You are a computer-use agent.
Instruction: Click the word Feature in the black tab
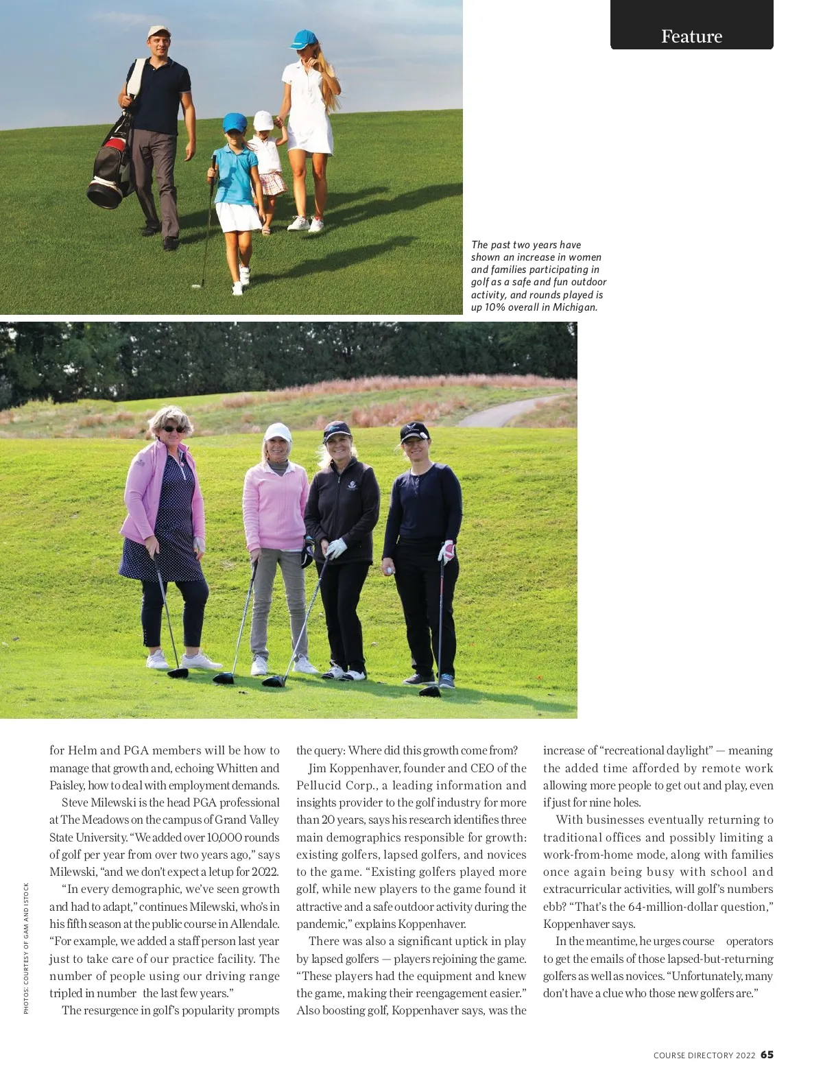(x=691, y=36)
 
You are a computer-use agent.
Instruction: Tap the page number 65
(x=767, y=1055)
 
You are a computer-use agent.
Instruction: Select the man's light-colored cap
(x=157, y=32)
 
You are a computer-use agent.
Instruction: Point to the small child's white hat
(x=263, y=121)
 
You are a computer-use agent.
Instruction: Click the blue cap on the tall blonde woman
(x=304, y=38)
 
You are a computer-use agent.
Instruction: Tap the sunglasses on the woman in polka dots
(x=172, y=429)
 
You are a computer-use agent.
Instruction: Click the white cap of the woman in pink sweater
(x=277, y=432)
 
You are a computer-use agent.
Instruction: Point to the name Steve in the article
(x=75, y=802)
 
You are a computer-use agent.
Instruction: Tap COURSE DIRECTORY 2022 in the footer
(x=704, y=1056)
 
